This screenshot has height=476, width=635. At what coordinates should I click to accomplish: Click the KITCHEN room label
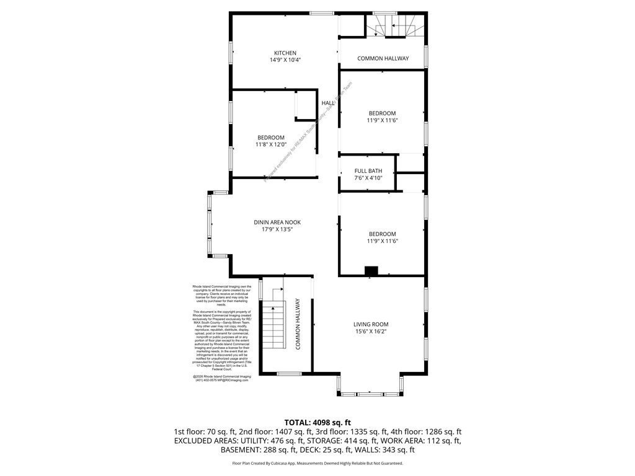[285, 53]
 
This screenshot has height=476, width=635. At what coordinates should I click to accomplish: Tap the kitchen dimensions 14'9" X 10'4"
[285, 60]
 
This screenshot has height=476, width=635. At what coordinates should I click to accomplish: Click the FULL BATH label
[368, 170]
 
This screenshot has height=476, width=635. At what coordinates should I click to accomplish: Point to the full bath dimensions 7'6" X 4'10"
[368, 178]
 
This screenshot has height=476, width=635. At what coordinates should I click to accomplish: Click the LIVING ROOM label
[371, 324]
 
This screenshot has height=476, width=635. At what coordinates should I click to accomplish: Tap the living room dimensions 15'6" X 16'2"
[371, 332]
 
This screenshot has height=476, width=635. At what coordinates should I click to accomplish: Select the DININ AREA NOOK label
[277, 222]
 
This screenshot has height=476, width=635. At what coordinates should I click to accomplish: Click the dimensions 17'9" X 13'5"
[277, 229]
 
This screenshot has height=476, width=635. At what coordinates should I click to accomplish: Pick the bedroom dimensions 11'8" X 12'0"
[271, 144]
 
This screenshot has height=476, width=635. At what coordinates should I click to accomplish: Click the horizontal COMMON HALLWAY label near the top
[383, 58]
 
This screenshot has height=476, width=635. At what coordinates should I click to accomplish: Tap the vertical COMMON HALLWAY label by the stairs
[298, 324]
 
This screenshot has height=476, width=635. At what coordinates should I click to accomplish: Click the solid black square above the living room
[371, 270]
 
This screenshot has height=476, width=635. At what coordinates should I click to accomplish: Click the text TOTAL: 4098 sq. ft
[317, 421]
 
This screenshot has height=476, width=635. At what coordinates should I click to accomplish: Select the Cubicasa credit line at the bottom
[317, 463]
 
